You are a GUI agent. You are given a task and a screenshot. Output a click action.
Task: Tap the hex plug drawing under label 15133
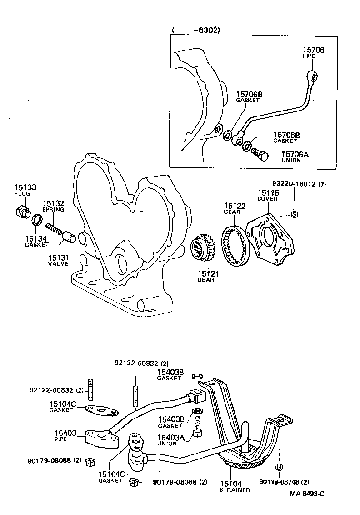click(x=21, y=212)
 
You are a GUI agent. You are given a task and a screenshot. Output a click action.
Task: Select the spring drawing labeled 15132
click(x=54, y=225)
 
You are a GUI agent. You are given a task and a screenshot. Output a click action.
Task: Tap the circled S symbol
click(x=294, y=214)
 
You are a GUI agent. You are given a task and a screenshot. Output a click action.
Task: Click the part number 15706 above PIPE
click(x=314, y=50)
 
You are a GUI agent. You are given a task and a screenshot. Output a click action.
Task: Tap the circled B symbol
click(x=280, y=467)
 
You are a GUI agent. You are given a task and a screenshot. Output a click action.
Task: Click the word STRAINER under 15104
click(x=235, y=490)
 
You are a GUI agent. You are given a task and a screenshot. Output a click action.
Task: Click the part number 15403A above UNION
click(x=171, y=437)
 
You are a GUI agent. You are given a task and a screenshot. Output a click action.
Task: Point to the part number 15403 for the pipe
click(x=66, y=434)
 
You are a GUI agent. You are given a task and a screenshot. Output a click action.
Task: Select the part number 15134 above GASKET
click(x=36, y=238)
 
